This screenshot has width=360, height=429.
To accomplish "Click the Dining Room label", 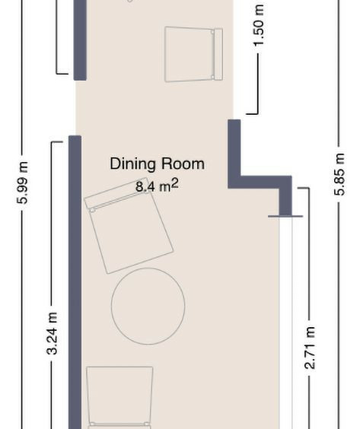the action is tap(157, 164).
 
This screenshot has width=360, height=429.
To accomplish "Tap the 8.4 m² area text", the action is tap(157, 186).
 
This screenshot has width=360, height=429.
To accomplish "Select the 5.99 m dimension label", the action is tap(22, 183).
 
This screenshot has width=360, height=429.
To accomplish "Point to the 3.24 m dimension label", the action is tap(52, 333).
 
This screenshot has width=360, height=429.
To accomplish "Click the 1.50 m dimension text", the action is tap(259, 25).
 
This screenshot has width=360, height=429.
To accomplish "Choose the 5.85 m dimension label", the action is tap(339, 174).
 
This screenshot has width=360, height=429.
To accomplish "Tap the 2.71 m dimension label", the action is tap(311, 348).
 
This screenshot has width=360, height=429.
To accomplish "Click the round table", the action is tap(148, 306).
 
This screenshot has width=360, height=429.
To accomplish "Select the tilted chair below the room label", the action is tap(129, 226).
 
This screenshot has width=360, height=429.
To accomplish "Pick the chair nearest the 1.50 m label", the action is tap(193, 54).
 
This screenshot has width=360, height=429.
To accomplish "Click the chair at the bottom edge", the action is tap(119, 398).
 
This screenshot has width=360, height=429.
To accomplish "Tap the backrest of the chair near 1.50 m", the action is tap(218, 54).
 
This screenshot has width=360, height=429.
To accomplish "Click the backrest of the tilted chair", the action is tap(116, 194).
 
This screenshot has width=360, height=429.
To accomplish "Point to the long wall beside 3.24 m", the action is tap(75, 281).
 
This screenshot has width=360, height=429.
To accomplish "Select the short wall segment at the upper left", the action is tap(80, 40).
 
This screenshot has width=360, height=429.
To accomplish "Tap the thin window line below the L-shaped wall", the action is tap(285, 217).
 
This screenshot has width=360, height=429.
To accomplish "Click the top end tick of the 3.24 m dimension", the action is tap(57, 141).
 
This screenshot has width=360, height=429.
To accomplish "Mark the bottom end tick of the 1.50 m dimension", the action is tap(252, 113).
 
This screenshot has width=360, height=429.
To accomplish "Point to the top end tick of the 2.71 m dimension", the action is tap(304, 188).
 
